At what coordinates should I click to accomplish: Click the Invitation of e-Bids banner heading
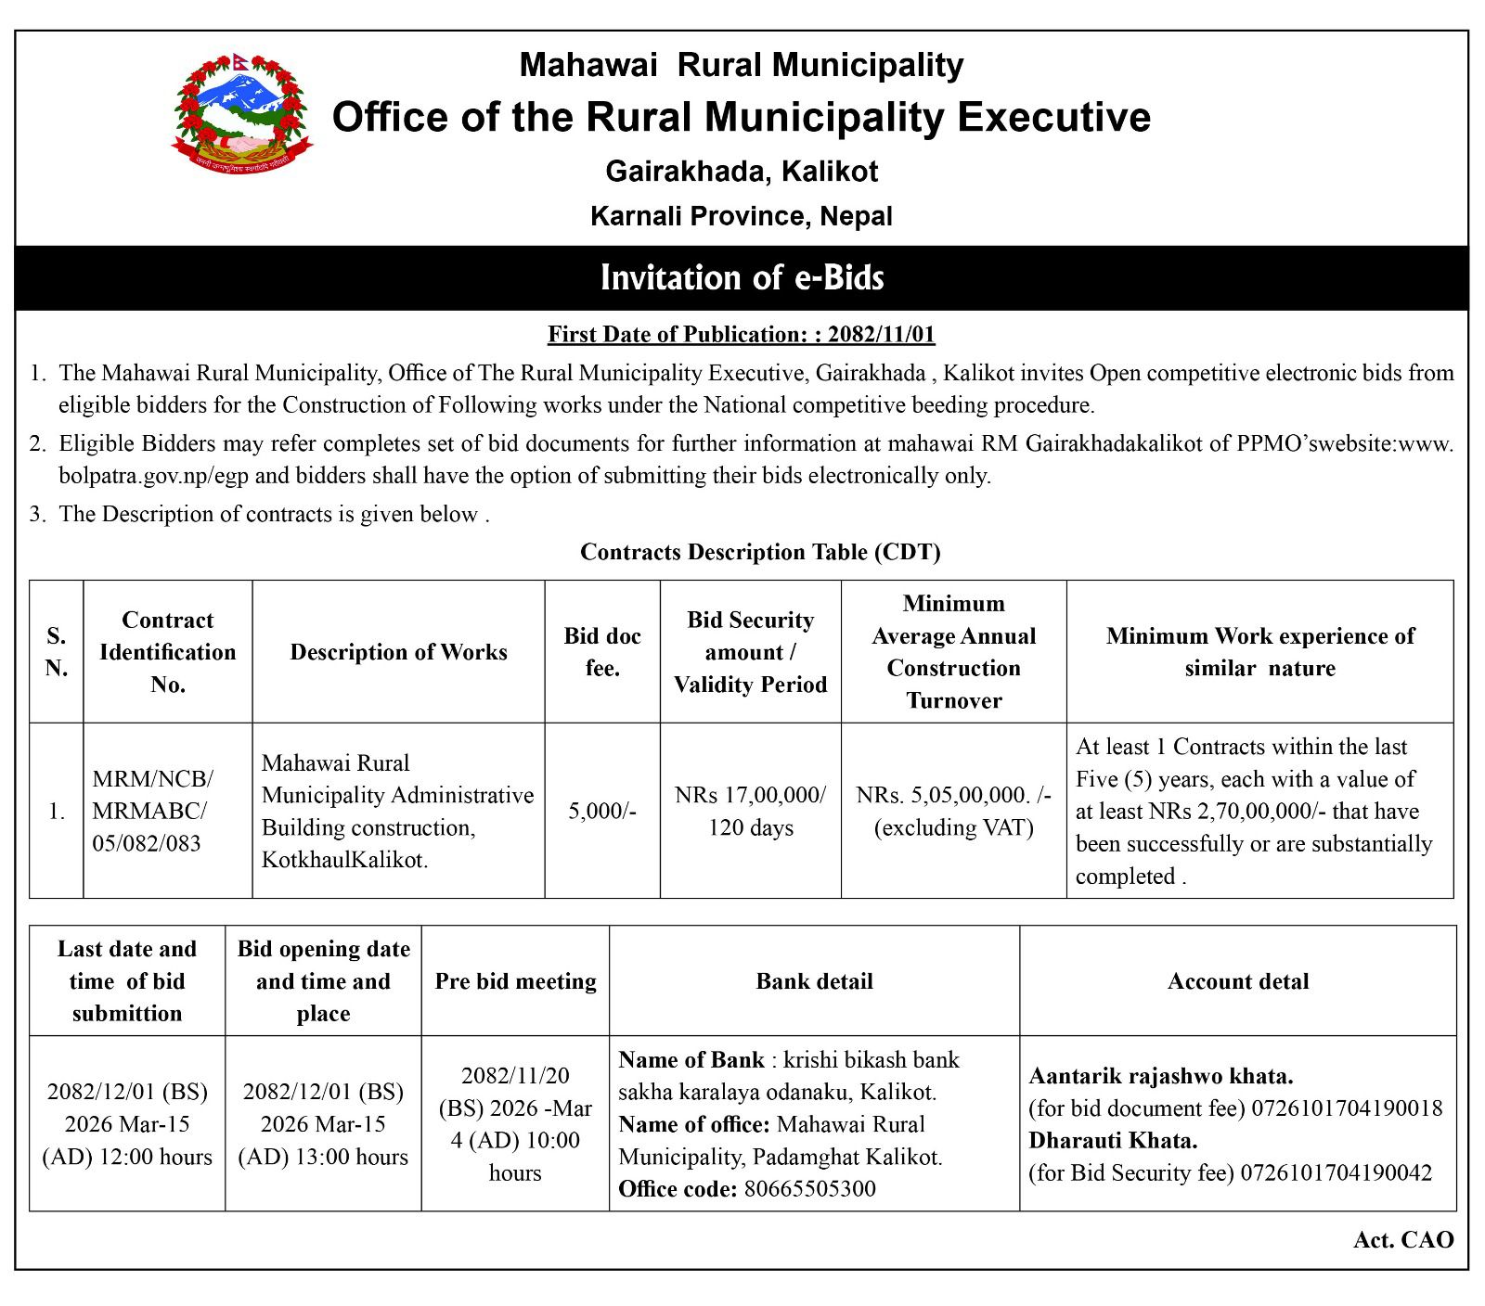click(742, 277)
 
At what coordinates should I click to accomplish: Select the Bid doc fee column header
click(602, 652)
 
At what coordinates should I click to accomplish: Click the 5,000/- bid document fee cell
click(602, 811)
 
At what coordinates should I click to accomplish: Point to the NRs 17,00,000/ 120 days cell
click(750, 811)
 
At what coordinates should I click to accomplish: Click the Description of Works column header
click(398, 652)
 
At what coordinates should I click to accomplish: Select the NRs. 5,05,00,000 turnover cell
click(953, 811)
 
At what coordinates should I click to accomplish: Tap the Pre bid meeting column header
click(515, 981)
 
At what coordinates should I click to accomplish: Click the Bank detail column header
click(814, 981)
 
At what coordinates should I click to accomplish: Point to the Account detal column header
click(1238, 981)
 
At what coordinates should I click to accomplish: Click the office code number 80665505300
click(809, 1189)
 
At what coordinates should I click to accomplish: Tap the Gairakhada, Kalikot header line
click(742, 172)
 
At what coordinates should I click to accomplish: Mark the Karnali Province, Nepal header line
click(742, 217)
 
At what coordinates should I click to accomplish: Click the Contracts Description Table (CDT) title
click(760, 553)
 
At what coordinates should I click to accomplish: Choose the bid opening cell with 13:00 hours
click(323, 1124)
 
